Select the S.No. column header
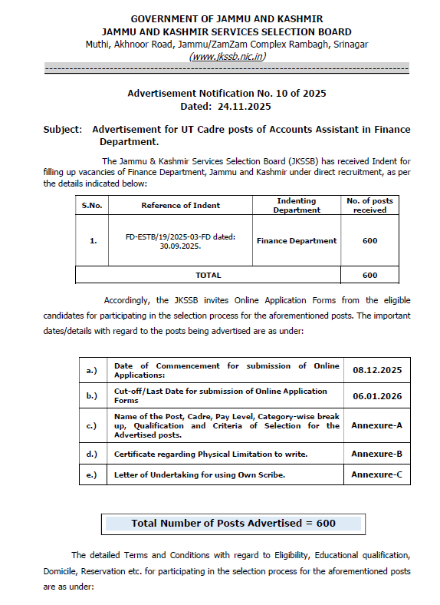[x=93, y=205]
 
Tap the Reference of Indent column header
[x=180, y=205]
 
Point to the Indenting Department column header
[x=297, y=205]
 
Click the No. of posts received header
[x=369, y=205]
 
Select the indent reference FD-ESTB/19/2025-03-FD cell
[x=180, y=240]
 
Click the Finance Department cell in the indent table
[x=297, y=240]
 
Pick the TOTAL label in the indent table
[x=208, y=275]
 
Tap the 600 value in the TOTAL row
[x=369, y=275]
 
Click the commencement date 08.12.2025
[x=376, y=370]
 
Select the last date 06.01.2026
[x=376, y=395]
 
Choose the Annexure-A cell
[x=376, y=425]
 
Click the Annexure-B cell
[x=376, y=454]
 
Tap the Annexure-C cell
[x=376, y=474]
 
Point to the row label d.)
[x=92, y=454]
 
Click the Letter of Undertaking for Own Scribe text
[x=199, y=474]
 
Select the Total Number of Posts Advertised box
[x=233, y=523]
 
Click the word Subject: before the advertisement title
[x=62, y=130]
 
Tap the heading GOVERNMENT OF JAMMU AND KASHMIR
[x=226, y=18]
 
